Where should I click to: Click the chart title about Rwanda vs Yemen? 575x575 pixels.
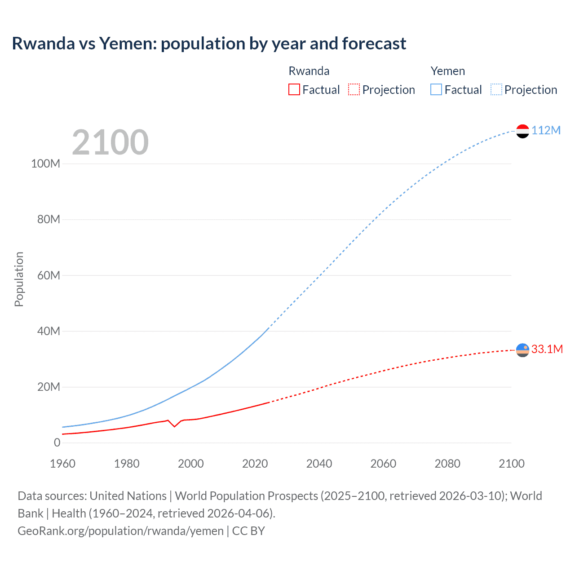coord(209,44)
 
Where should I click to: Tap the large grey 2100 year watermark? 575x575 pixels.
coord(110,142)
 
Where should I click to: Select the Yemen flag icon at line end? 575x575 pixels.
coord(522,131)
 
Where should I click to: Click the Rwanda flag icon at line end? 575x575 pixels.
coord(522,350)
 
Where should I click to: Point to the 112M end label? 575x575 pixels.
coord(546,130)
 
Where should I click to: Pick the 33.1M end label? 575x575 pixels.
coord(547,349)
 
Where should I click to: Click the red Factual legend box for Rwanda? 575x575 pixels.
coord(294,89)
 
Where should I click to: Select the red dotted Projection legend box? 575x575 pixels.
coord(354,89)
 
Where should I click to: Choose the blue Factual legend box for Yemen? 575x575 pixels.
coord(436,89)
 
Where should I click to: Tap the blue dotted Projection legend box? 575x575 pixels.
coord(496,89)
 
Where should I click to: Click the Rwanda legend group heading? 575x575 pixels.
coord(309,71)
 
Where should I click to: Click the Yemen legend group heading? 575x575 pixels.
coord(447,71)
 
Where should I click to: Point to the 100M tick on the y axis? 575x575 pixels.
coord(45,164)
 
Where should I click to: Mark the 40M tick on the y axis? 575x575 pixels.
coord(48,331)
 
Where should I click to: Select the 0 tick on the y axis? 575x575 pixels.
coord(57,442)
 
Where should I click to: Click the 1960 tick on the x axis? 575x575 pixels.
coord(62,464)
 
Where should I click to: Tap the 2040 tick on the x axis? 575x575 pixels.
coord(319,464)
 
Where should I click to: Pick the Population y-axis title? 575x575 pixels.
coord(19,279)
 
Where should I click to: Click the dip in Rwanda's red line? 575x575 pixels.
coord(174,426)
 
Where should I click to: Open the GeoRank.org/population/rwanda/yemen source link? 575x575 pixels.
coord(120,531)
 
